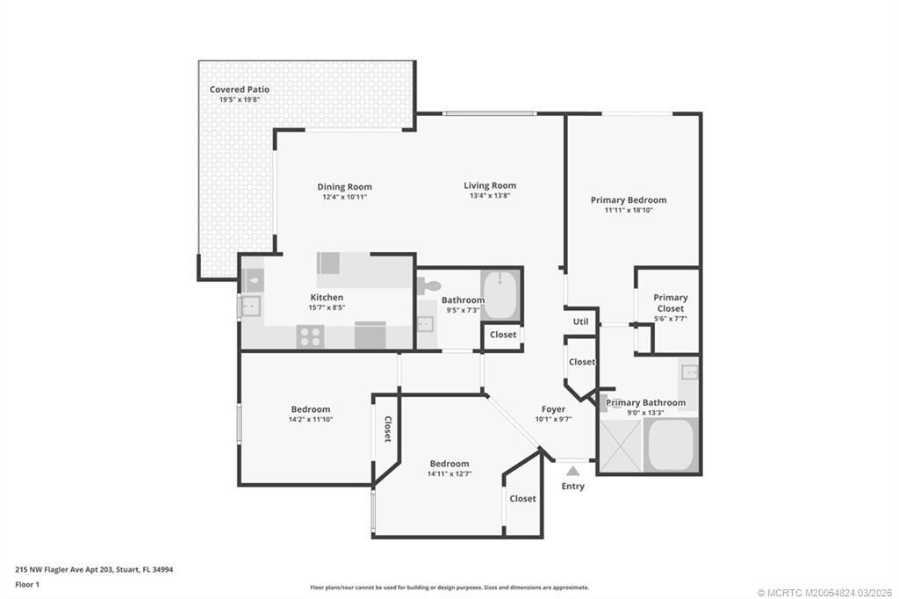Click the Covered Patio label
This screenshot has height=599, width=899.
tap(239, 90)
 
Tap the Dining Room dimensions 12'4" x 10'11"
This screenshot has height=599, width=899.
tap(344, 197)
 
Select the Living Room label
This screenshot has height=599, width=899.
tap(490, 185)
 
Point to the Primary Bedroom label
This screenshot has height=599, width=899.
tap(628, 200)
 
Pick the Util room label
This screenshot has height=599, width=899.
tap(580, 322)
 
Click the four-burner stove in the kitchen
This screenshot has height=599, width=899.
tap(310, 336)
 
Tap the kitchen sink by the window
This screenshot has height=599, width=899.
tap(251, 307)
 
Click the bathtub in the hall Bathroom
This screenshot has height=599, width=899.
tap(502, 296)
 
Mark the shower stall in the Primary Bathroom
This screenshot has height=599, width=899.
tap(622, 445)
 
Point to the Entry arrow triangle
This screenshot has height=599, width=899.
tap(572, 472)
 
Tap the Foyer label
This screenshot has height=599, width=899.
tap(553, 409)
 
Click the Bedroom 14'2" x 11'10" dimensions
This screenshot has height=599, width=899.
tap(311, 420)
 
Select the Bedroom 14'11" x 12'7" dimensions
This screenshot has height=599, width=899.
tap(449, 474)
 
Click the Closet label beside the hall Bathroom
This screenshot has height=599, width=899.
tap(503, 335)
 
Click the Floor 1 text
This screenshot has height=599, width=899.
tap(27, 584)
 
